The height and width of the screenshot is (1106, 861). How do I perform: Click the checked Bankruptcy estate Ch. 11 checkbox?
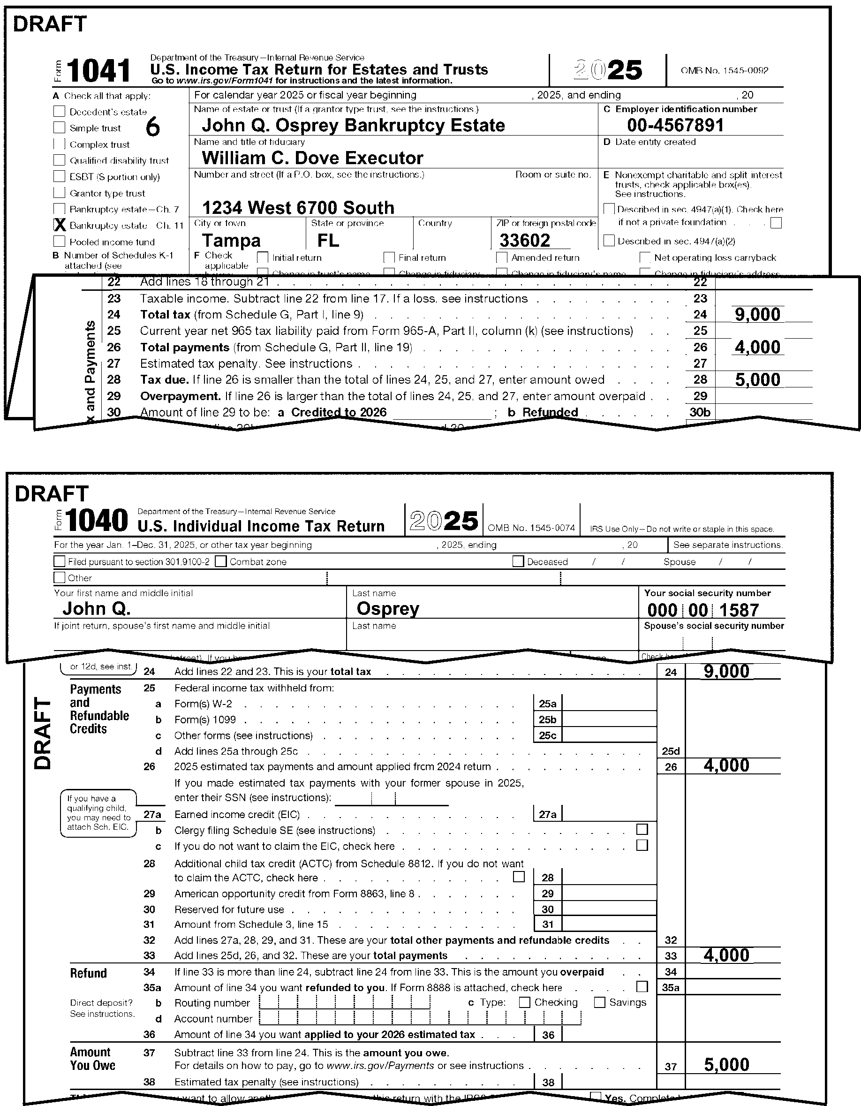pyautogui.click(x=60, y=225)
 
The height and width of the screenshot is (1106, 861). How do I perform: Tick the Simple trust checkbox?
pyautogui.click(x=59, y=128)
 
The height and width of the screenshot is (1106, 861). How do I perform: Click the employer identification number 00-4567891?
pyautogui.click(x=675, y=125)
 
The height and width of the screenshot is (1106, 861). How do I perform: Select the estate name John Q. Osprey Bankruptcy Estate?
pyautogui.click(x=353, y=125)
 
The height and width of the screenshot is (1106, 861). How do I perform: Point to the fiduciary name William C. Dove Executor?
pyautogui.click(x=312, y=158)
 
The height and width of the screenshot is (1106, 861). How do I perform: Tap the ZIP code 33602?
pyautogui.click(x=524, y=241)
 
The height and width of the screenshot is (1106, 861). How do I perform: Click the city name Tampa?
pyautogui.click(x=231, y=241)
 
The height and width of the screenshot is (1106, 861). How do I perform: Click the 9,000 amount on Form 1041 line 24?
pyautogui.click(x=757, y=314)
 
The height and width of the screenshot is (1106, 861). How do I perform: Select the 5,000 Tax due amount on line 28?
pyautogui.click(x=757, y=380)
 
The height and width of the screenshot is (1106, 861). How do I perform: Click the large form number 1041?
pyautogui.click(x=98, y=70)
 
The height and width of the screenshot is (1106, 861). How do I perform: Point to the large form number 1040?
pyautogui.click(x=96, y=521)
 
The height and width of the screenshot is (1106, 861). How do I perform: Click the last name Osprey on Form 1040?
pyautogui.click(x=388, y=609)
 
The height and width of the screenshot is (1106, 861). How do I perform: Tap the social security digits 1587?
pyautogui.click(x=739, y=610)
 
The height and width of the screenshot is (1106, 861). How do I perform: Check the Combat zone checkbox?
pyautogui.click(x=221, y=561)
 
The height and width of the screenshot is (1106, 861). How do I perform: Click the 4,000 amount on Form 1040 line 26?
pyautogui.click(x=726, y=765)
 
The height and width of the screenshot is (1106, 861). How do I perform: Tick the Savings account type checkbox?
pyautogui.click(x=599, y=1002)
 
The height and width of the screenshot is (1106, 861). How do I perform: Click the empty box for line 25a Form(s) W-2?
pyautogui.click(x=609, y=703)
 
